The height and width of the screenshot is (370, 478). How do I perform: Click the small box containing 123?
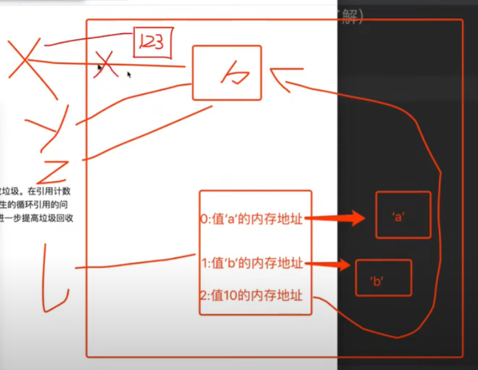[152, 42]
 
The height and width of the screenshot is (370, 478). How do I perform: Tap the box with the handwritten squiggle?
[226, 73]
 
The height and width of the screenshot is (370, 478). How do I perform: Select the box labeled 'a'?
[403, 215]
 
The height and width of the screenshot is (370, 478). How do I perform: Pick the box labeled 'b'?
[383, 277]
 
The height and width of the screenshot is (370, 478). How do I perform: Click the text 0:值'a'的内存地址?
[251, 219]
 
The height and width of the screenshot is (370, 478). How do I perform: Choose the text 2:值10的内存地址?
[251, 295]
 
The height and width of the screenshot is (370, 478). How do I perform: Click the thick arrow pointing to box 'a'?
[336, 219]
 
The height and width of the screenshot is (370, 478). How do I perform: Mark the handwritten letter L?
[56, 276]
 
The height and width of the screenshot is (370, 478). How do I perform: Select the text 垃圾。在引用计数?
[39, 191]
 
